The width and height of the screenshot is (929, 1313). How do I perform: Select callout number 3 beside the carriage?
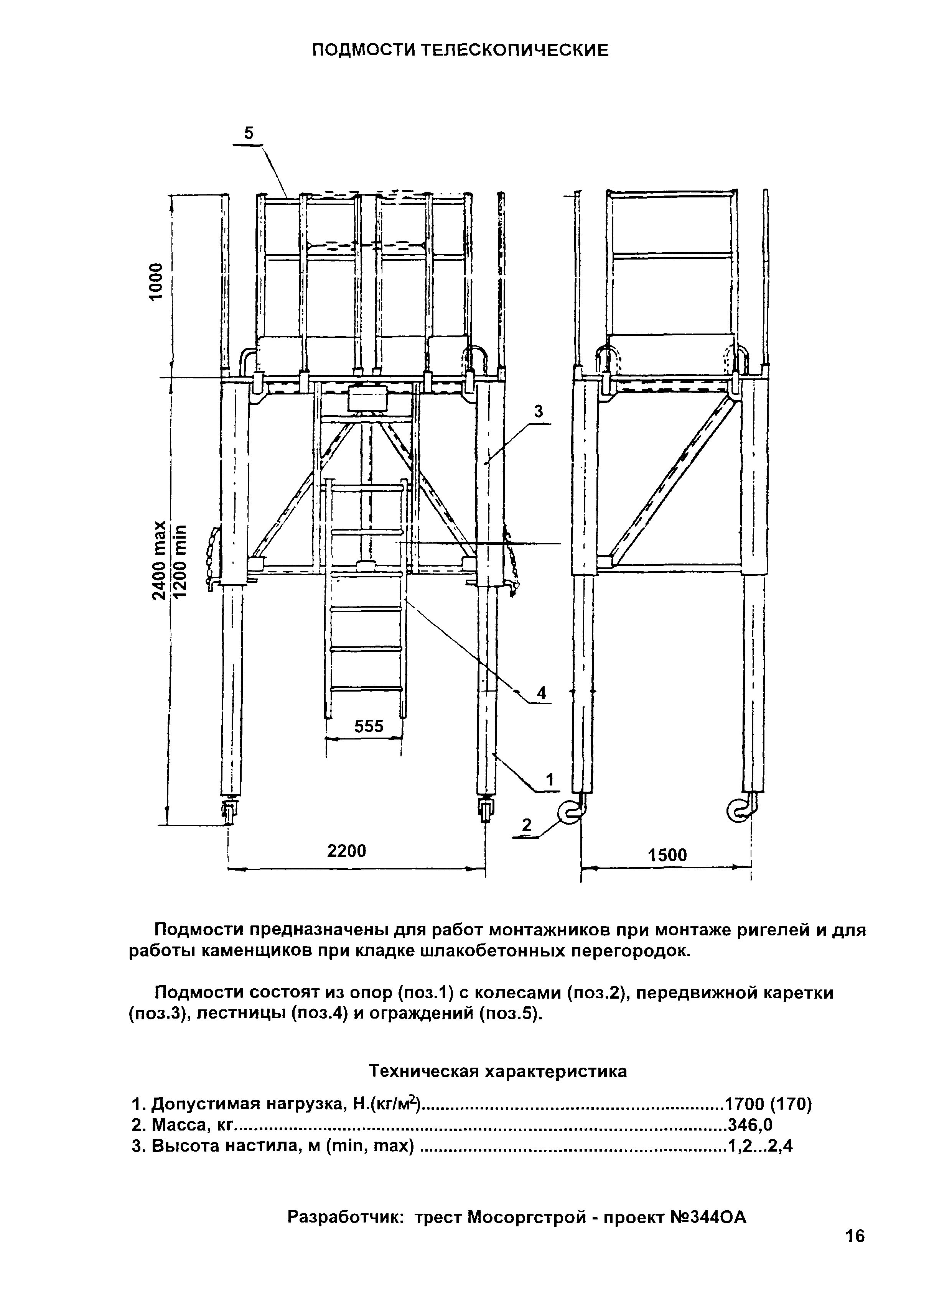click(x=538, y=411)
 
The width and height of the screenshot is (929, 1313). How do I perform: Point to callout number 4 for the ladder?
click(x=541, y=692)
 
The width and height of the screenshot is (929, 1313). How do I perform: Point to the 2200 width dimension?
click(x=346, y=851)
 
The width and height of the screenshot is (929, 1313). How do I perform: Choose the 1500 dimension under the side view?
click(x=667, y=856)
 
